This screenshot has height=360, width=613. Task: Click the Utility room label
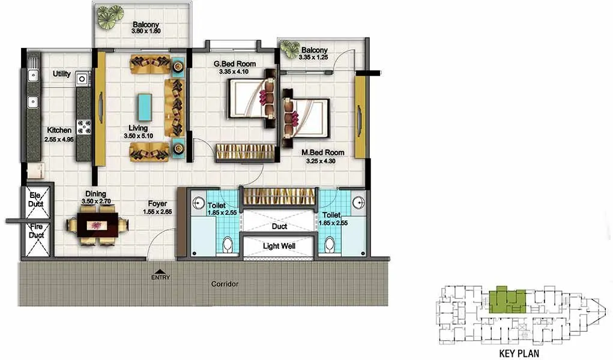(x=62, y=74)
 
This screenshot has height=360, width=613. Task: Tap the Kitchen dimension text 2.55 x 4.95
(x=58, y=139)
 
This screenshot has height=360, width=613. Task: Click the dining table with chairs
(x=97, y=226)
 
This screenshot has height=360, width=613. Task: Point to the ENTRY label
(x=161, y=277)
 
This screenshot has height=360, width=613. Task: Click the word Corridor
(x=225, y=283)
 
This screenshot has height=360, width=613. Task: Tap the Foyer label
(x=158, y=203)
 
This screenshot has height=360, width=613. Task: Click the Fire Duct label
(x=36, y=232)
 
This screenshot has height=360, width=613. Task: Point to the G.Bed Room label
(x=235, y=64)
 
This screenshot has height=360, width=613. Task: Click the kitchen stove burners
(x=83, y=127)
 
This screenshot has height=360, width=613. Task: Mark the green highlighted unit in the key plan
(x=507, y=300)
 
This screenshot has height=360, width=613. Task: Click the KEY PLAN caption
(x=519, y=353)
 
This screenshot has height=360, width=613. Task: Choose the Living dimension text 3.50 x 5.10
(x=137, y=136)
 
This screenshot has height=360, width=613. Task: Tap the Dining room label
(x=95, y=194)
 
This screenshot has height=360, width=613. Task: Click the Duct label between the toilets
(x=279, y=227)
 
